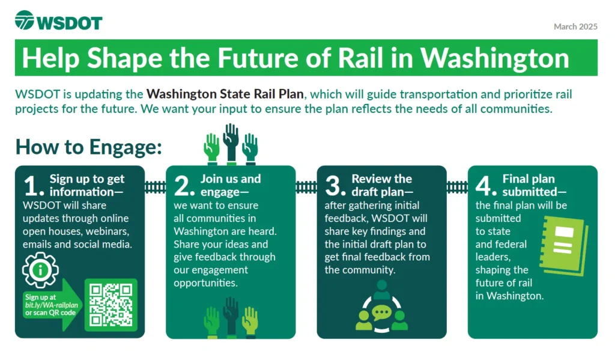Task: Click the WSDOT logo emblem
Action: (x=24, y=20)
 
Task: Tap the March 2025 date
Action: (x=575, y=26)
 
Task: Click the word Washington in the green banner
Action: (x=495, y=58)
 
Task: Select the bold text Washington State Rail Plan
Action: (x=225, y=94)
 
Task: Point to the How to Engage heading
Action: (x=89, y=147)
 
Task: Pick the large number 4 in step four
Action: (x=486, y=186)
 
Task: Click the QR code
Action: (x=111, y=305)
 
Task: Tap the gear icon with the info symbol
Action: (x=40, y=270)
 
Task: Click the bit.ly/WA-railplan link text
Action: (x=52, y=305)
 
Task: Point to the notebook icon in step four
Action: (x=565, y=245)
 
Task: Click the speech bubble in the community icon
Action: (x=381, y=313)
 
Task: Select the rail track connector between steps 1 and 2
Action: (x=156, y=188)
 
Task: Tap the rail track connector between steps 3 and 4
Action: (x=457, y=188)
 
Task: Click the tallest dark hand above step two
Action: (x=231, y=144)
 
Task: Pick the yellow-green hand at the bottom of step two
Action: (x=250, y=322)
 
